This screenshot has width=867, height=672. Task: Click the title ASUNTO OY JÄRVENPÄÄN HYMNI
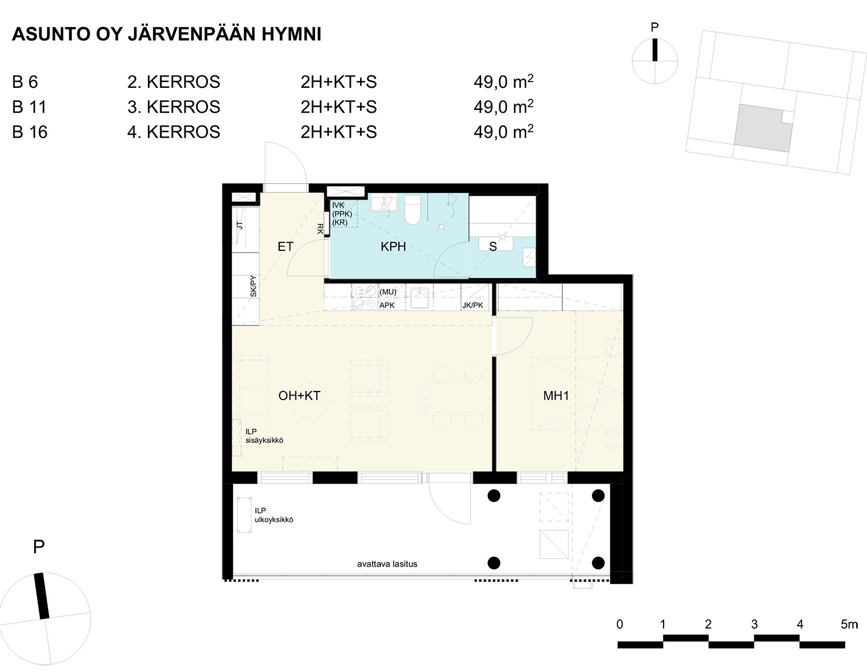coord(166,34)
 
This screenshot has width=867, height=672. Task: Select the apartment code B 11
coord(29,107)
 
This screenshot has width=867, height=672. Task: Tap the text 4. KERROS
coord(173,132)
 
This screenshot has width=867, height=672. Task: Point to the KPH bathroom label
coord(393,246)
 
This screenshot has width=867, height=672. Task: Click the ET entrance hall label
coord(286,246)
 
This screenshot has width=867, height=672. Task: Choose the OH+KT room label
coord(299,396)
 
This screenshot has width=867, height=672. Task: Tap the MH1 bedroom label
coord(556,396)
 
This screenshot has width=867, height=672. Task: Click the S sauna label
coord(493,246)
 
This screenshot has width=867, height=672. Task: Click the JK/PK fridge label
coord(472,305)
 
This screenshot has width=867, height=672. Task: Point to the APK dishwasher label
coord(387,305)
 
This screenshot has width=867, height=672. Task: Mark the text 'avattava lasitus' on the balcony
coord(387,564)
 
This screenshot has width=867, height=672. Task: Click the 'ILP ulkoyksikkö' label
coord(274,515)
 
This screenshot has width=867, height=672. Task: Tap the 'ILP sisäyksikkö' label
coord(264,436)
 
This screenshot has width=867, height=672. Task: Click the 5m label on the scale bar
coord(849,625)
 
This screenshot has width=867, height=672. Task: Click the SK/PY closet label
coord(253,286)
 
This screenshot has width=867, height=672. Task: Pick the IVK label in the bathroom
coord(338,205)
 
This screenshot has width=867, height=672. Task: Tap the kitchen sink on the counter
coord(419,298)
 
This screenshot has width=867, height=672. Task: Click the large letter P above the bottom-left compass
coord(39,547)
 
